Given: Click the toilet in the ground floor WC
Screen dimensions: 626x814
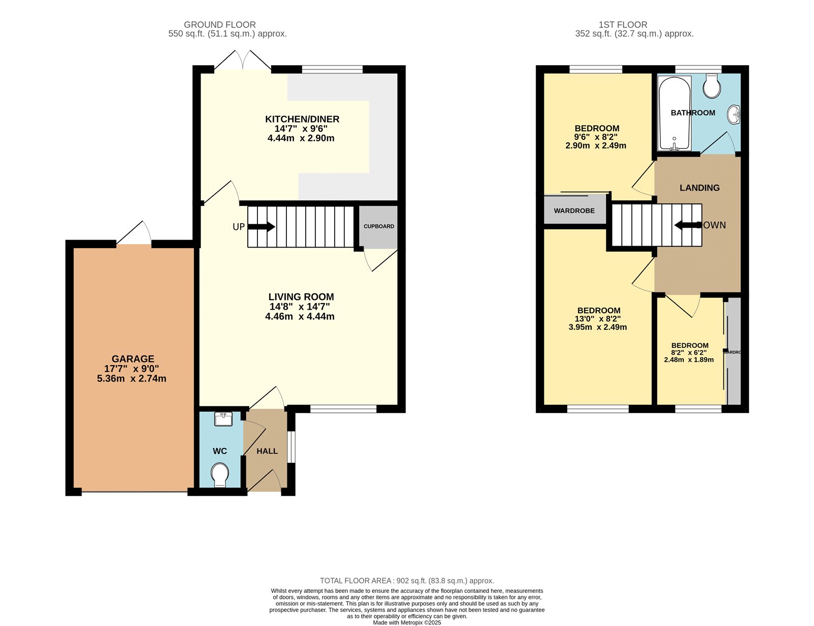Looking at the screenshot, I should [220, 474].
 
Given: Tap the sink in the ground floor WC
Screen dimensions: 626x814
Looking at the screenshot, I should [223, 419].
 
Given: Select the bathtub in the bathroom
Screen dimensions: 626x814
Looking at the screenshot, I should [675, 113].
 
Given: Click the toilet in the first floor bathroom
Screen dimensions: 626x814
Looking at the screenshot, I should [712, 86].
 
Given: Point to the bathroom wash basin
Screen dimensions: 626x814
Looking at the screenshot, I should [734, 114].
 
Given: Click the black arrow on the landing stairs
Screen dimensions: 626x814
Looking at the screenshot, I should [687, 225].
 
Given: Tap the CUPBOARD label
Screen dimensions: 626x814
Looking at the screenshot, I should [379, 226].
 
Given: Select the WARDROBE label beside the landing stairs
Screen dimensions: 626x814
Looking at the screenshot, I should [574, 211].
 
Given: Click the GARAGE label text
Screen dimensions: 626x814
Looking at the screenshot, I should [133, 359].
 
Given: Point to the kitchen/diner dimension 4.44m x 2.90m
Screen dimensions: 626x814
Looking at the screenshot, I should [301, 138].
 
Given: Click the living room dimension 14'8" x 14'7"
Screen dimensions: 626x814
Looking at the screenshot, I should [300, 307].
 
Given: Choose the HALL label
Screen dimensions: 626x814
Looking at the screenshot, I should [267, 451].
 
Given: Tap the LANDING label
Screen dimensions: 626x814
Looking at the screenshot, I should [700, 188].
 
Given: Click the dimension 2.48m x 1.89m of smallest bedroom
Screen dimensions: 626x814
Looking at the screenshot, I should [689, 360].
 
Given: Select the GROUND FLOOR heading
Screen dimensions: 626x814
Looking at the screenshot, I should [220, 24].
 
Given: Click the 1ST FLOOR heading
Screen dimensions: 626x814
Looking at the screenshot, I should [623, 24].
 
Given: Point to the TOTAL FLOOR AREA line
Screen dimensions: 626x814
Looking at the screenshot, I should [406, 581].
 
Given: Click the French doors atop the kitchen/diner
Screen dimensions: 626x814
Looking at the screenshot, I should [243, 61].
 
